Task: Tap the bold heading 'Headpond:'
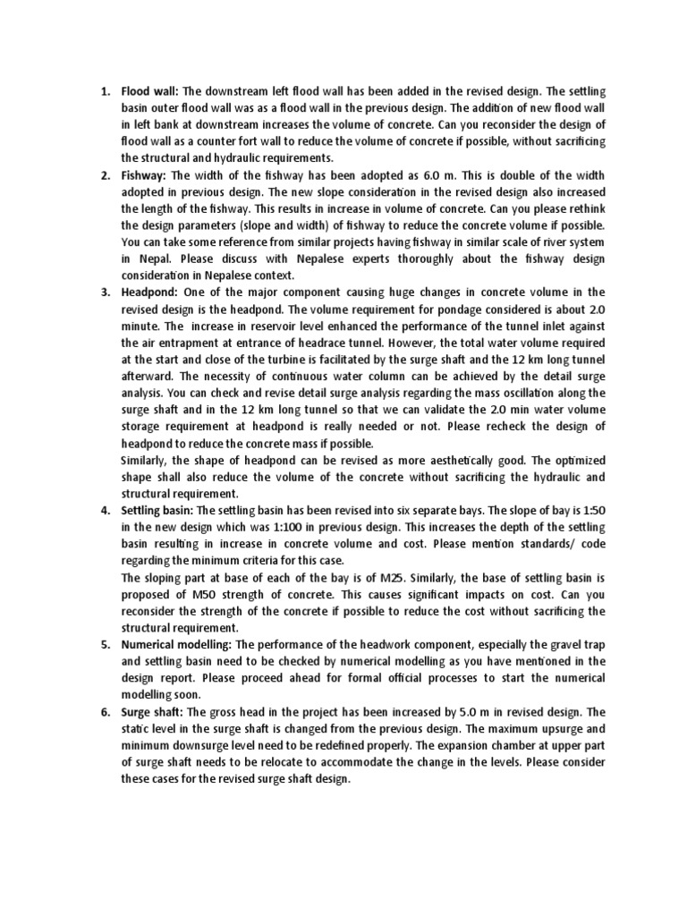[x=150, y=293]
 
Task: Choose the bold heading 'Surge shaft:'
[x=154, y=712]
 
